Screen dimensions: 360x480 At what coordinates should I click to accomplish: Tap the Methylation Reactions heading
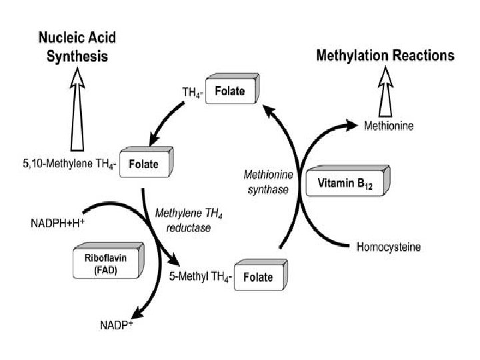coord(385,55)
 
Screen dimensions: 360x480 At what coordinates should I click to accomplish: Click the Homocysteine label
coord(388,247)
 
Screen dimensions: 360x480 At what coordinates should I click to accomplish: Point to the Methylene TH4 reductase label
coord(183,221)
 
